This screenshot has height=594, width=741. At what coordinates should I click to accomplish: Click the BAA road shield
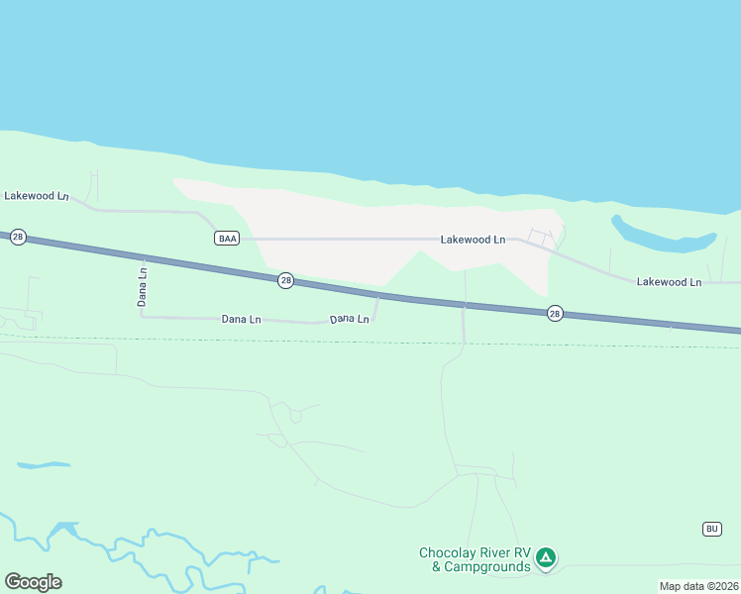(x=227, y=238)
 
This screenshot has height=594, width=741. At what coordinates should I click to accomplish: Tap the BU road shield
(x=711, y=529)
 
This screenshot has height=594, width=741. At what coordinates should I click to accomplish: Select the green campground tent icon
(x=545, y=558)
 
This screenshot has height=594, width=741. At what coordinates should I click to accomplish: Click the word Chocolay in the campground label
(x=451, y=553)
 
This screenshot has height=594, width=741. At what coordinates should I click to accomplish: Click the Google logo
(x=33, y=581)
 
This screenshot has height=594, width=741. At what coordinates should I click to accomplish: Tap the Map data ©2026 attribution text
(x=698, y=586)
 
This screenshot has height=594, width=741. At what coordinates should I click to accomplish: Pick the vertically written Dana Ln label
(x=143, y=285)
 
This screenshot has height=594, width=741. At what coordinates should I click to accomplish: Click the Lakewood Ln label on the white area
(x=473, y=240)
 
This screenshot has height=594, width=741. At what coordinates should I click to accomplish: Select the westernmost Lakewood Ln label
(x=36, y=196)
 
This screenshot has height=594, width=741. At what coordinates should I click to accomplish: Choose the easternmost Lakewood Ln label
(x=669, y=282)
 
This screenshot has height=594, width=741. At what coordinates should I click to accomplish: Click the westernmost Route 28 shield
(x=17, y=238)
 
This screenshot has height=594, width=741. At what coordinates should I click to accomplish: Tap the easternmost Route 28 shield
(x=555, y=313)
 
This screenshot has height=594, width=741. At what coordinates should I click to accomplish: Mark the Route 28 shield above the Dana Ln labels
(x=285, y=280)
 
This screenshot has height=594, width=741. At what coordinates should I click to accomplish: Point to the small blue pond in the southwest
(x=44, y=465)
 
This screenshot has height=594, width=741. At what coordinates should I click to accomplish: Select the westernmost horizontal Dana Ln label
(x=241, y=319)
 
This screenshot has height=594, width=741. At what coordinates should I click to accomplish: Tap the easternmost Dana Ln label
(x=350, y=319)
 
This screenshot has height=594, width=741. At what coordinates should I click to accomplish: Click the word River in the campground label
(x=504, y=553)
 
